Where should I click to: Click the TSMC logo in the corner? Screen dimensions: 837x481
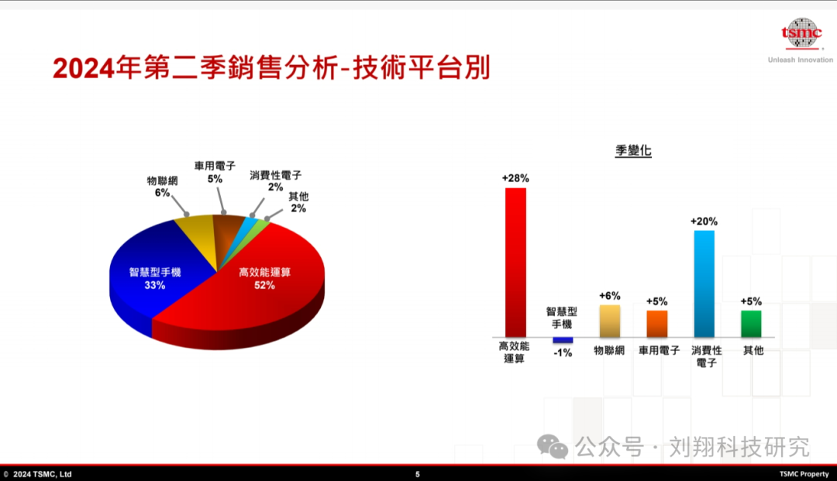pyautogui.click(x=801, y=33)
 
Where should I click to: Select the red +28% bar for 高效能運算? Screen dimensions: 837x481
pyautogui.click(x=515, y=263)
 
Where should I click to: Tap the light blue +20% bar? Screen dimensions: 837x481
pyautogui.click(x=704, y=283)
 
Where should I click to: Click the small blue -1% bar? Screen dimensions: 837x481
pyautogui.click(x=563, y=340)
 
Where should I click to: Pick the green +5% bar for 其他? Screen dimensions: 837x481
pyautogui.click(x=751, y=324)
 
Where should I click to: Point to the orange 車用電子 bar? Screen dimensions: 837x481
pyautogui.click(x=657, y=324)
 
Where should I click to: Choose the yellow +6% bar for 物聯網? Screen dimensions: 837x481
pyautogui.click(x=610, y=321)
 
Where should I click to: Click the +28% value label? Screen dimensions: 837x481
pyautogui.click(x=515, y=178)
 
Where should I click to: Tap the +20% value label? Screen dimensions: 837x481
pyautogui.click(x=704, y=222)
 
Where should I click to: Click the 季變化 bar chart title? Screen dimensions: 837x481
pyautogui.click(x=633, y=150)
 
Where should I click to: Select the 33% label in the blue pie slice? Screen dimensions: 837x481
pyautogui.click(x=155, y=285)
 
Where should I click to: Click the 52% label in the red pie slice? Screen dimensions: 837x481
pyautogui.click(x=265, y=285)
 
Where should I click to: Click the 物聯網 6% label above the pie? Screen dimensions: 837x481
pyautogui.click(x=162, y=187)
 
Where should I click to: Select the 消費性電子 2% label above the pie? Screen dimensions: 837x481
pyautogui.click(x=275, y=180)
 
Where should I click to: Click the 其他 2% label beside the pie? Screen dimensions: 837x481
pyautogui.click(x=298, y=202)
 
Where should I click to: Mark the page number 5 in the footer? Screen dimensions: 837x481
pyautogui.click(x=418, y=474)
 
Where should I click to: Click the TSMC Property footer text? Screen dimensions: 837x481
pyautogui.click(x=804, y=474)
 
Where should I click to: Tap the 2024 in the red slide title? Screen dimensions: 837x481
pyautogui.click(x=83, y=69)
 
